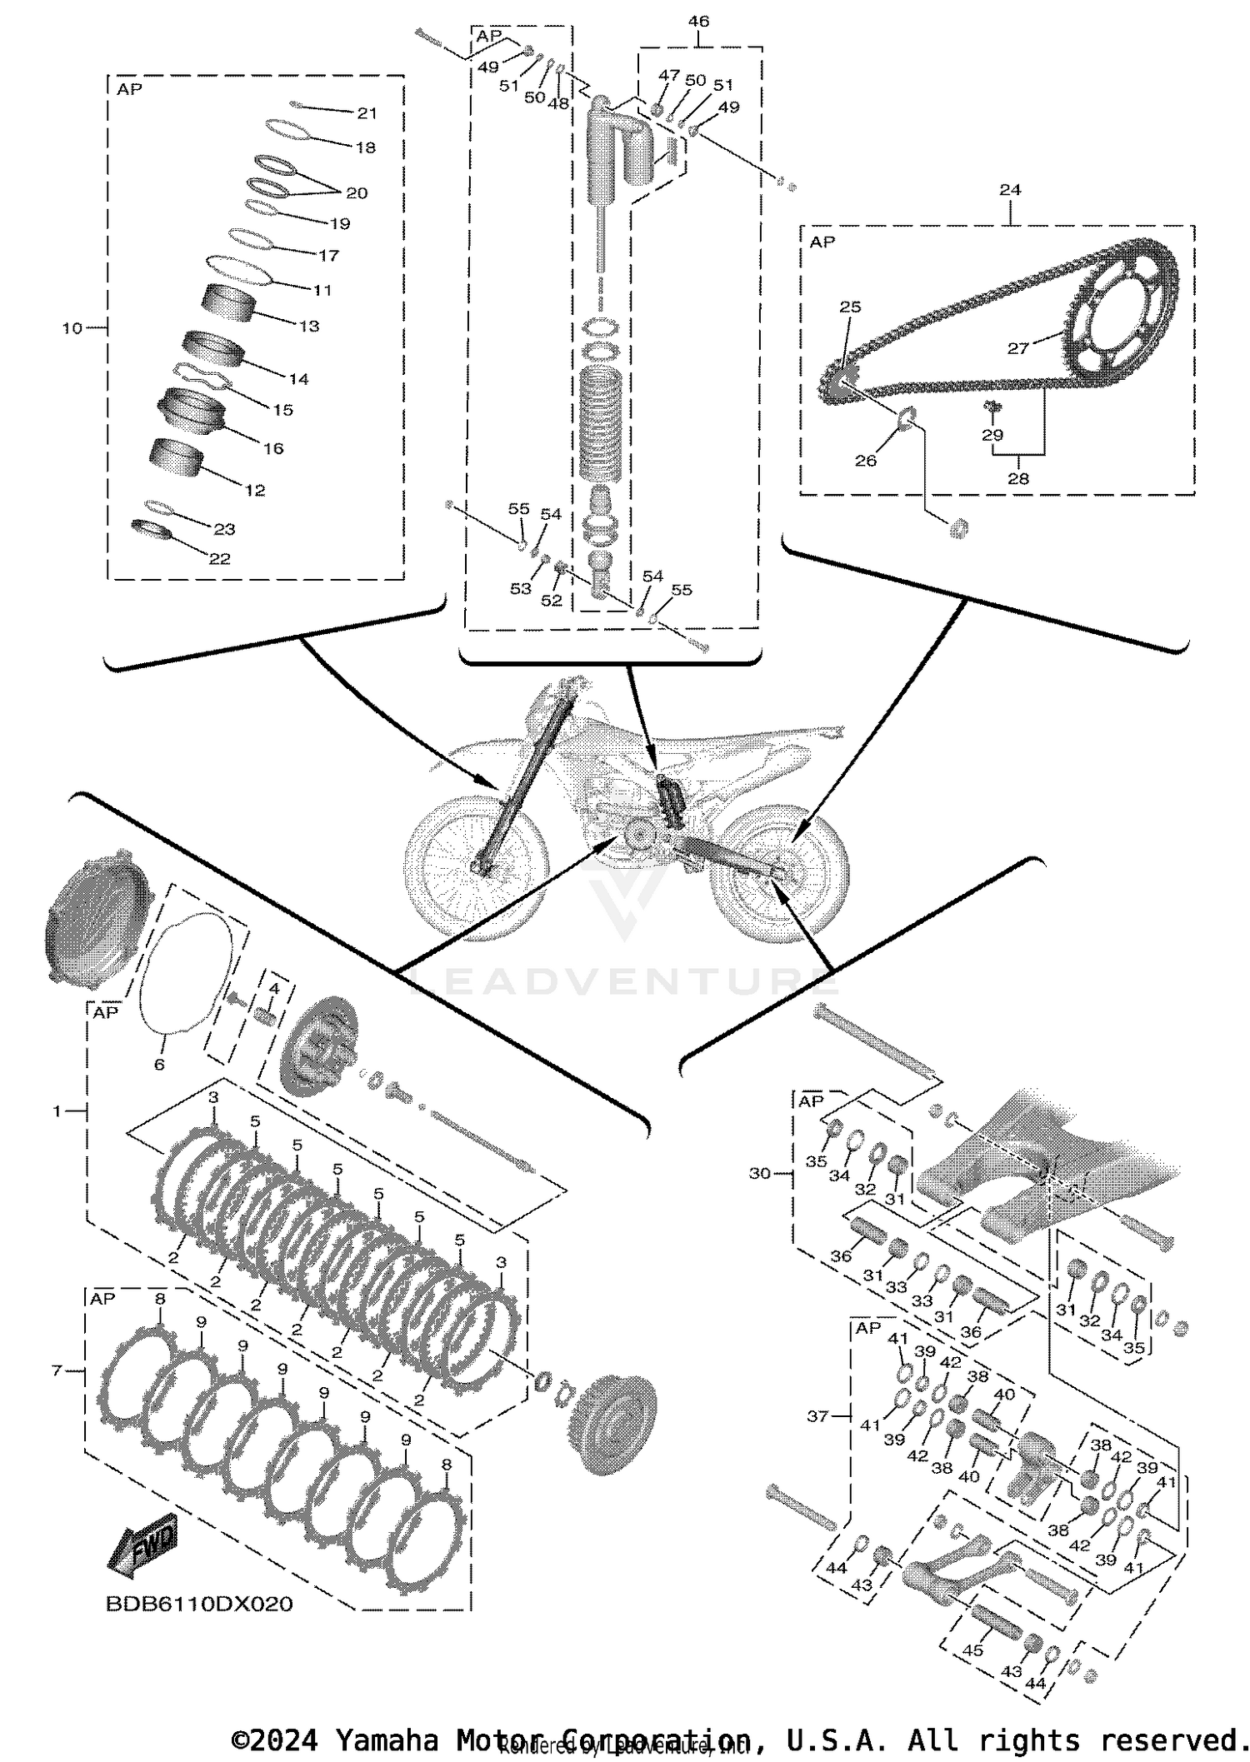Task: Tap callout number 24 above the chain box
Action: click(x=1010, y=190)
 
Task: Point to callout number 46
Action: click(x=698, y=21)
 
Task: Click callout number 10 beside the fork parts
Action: click(x=72, y=328)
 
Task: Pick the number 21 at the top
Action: click(x=367, y=113)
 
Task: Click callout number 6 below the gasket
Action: click(x=159, y=1064)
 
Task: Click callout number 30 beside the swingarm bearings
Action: click(x=760, y=1173)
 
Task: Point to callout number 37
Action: click(x=818, y=1415)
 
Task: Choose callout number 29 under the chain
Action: click(x=992, y=434)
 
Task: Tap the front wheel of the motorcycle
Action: click(x=475, y=866)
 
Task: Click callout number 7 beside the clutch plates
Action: click(x=57, y=1370)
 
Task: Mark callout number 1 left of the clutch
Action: click(x=57, y=1111)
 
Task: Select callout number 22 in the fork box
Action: click(x=219, y=558)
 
